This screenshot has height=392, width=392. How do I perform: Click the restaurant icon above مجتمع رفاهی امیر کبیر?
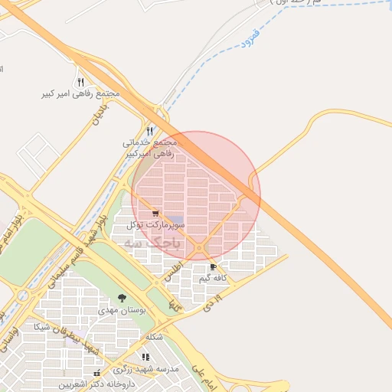click(80, 82)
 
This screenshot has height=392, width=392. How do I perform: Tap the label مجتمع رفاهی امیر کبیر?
click(81, 94)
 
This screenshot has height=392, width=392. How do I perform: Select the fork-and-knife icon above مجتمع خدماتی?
click(150, 131)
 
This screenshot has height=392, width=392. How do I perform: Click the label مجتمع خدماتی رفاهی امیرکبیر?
click(149, 148)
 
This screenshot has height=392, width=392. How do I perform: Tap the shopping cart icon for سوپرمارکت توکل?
click(156, 214)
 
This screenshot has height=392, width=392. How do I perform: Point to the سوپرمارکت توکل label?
click(156, 225)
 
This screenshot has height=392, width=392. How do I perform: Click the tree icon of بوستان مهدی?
click(122, 298)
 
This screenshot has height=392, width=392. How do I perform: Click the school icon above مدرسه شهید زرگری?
click(145, 356)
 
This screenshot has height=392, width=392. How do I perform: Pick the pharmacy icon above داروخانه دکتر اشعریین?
click(96, 373)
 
